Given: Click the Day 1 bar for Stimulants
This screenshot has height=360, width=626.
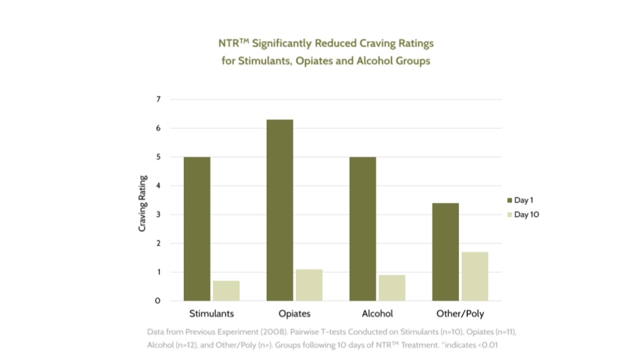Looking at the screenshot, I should (x=197, y=229).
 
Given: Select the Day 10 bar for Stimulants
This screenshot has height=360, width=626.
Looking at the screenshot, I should (x=226, y=291).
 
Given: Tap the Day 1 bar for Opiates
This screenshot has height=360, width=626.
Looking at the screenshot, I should (x=280, y=210).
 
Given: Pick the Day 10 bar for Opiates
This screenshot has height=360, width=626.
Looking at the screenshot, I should (x=309, y=285).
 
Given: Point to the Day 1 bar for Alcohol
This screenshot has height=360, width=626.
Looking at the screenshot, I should (x=363, y=229).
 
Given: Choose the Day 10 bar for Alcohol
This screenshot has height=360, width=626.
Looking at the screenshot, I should (x=392, y=288).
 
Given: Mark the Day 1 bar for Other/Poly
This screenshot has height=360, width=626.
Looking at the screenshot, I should (x=446, y=252).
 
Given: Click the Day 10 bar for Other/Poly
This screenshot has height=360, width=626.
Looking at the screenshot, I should (x=475, y=276).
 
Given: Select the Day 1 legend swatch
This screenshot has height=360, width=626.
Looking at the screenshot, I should (x=509, y=200).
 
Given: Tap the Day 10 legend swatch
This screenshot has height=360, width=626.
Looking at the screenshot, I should (x=509, y=214).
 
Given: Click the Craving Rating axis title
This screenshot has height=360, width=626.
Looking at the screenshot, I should (x=143, y=204).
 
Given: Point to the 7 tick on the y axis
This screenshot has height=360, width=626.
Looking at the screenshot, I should (x=159, y=99).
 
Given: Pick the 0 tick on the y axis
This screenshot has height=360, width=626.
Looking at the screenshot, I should (x=158, y=301).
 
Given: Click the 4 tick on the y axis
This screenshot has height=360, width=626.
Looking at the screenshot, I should (x=159, y=186).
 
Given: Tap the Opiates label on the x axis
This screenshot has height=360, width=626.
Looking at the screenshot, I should (x=294, y=313).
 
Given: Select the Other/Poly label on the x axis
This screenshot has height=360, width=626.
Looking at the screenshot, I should (x=461, y=313).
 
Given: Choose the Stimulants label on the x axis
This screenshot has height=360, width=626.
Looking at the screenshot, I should (x=211, y=313).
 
